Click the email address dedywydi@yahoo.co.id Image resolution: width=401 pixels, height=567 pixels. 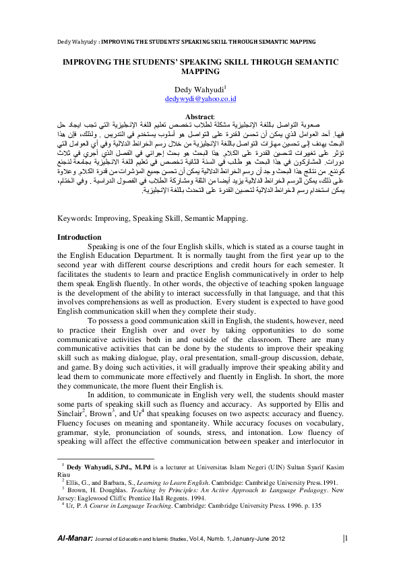200,98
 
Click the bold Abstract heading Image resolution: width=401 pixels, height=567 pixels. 199,116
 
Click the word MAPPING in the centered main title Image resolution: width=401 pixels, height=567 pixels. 200,70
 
